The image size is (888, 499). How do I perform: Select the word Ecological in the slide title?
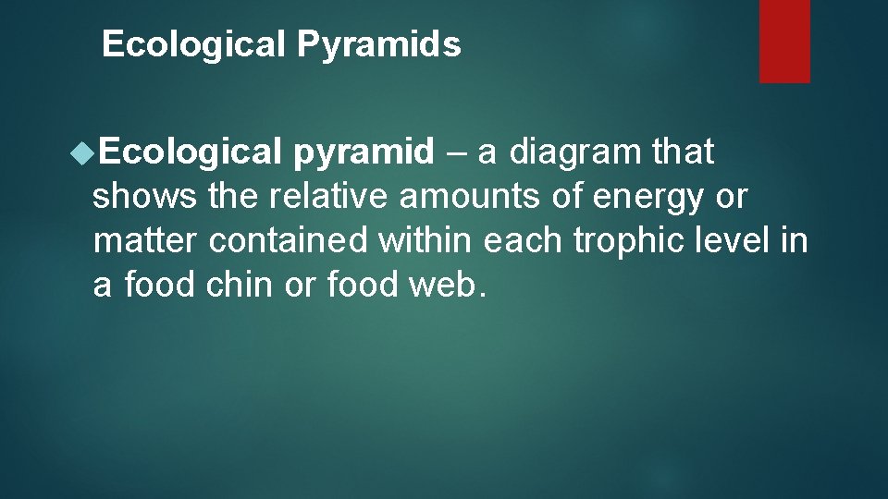[194, 44]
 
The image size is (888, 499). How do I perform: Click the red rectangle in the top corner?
[784, 41]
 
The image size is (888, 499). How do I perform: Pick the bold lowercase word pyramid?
[364, 152]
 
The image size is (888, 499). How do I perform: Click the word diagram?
[575, 152]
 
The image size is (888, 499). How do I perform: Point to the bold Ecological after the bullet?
[190, 152]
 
